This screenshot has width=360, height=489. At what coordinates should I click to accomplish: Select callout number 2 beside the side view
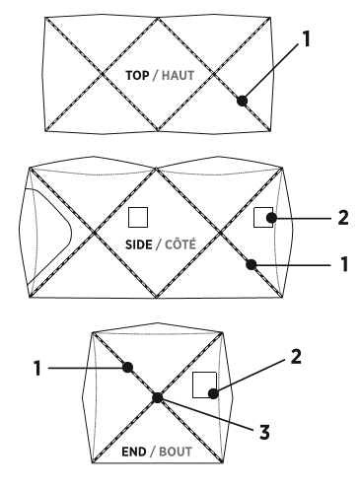tap(343, 217)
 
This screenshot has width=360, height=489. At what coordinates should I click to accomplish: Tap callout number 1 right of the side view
tap(343, 266)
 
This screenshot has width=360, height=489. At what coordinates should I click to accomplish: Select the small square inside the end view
tap(204, 384)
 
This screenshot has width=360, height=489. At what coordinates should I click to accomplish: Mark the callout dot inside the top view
tap(243, 99)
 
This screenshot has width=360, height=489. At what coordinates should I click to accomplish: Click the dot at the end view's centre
tap(157, 398)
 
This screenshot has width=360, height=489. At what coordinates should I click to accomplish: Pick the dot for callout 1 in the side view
tap(253, 263)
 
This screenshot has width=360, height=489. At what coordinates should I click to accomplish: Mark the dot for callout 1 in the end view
tap(127, 367)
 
